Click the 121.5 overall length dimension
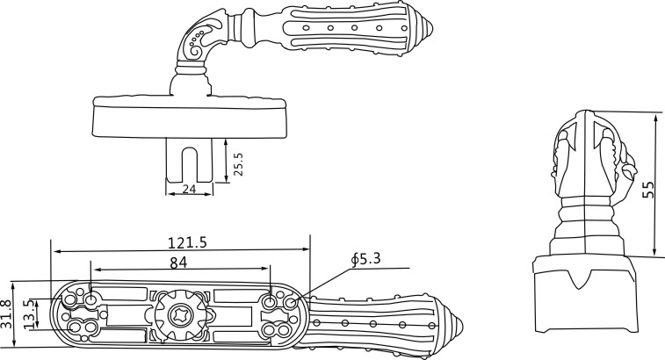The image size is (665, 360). pos(187,243)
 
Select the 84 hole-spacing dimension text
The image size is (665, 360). pos(179,263)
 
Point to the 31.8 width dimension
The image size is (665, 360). pos(8,313)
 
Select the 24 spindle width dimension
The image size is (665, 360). pos(189,188)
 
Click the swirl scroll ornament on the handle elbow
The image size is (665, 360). pos(198,40)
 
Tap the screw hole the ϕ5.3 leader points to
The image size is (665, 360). pos(292,302)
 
